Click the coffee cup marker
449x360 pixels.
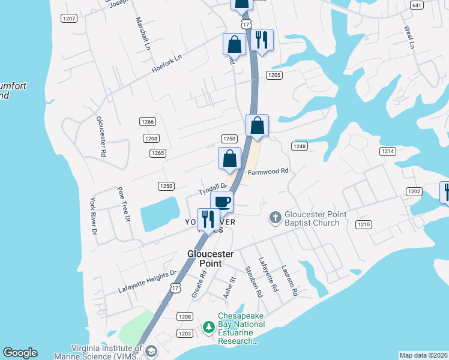coord(221,202)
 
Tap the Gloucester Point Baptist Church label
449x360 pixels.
coord(312,218)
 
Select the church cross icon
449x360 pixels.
coord(275,217)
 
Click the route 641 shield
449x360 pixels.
coord(417,5)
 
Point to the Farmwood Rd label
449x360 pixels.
coord(268,170)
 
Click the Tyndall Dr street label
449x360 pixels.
coord(212,189)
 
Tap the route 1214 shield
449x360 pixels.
coord(388,151)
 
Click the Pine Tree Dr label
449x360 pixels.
coord(123,205)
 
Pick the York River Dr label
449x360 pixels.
coord(93,215)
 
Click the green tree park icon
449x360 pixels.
coord(208,327)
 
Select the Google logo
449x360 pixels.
coord(20,353)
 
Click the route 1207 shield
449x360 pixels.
coord(69,19)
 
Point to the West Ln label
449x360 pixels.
coord(409,37)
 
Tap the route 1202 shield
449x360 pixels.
coord(414,191)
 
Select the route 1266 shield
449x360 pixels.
coord(148,122)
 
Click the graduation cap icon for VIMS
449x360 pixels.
coord(151,351)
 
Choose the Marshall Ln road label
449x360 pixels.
coord(143,34)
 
